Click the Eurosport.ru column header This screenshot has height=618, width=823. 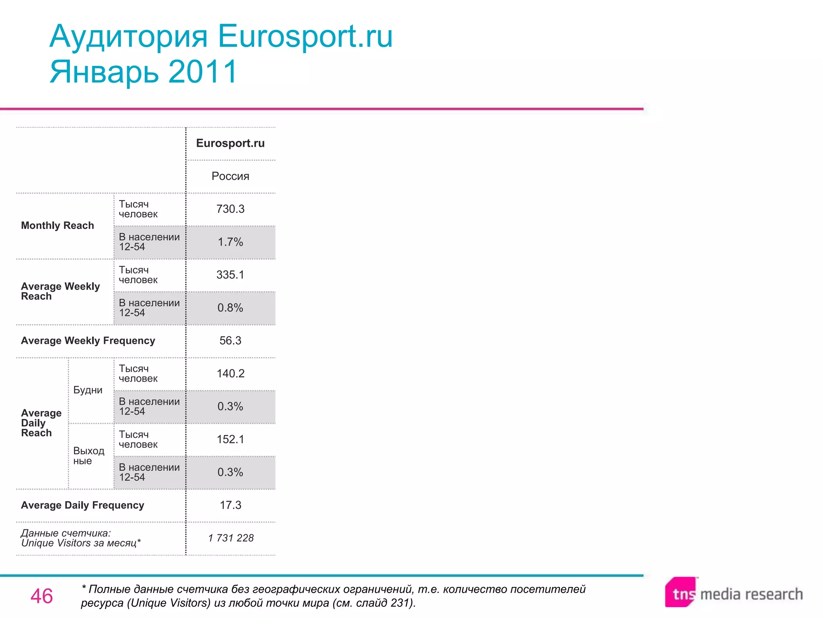coord(230,143)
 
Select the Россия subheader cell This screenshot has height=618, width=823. coord(230,176)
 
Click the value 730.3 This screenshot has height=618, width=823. coord(230,209)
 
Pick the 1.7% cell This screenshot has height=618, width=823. coord(230,242)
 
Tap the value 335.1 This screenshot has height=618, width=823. coord(230,275)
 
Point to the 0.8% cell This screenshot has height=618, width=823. coord(230,308)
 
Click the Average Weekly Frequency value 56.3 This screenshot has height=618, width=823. coord(230,341)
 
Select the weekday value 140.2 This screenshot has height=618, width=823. coord(230,373)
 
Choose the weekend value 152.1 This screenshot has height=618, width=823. coord(230,439)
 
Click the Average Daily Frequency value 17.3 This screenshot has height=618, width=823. coord(230,505)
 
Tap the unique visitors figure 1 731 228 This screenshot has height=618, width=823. coord(231,538)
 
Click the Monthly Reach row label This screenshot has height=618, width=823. coord(57,225)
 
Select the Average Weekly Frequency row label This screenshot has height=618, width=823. coord(88,341)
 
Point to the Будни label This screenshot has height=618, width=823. coord(88,390)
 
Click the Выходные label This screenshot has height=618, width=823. coord(88,456)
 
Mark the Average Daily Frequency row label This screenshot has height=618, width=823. coord(82,505)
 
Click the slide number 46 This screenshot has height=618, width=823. coord(41,596)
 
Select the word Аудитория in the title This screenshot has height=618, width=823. coord(129,36)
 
